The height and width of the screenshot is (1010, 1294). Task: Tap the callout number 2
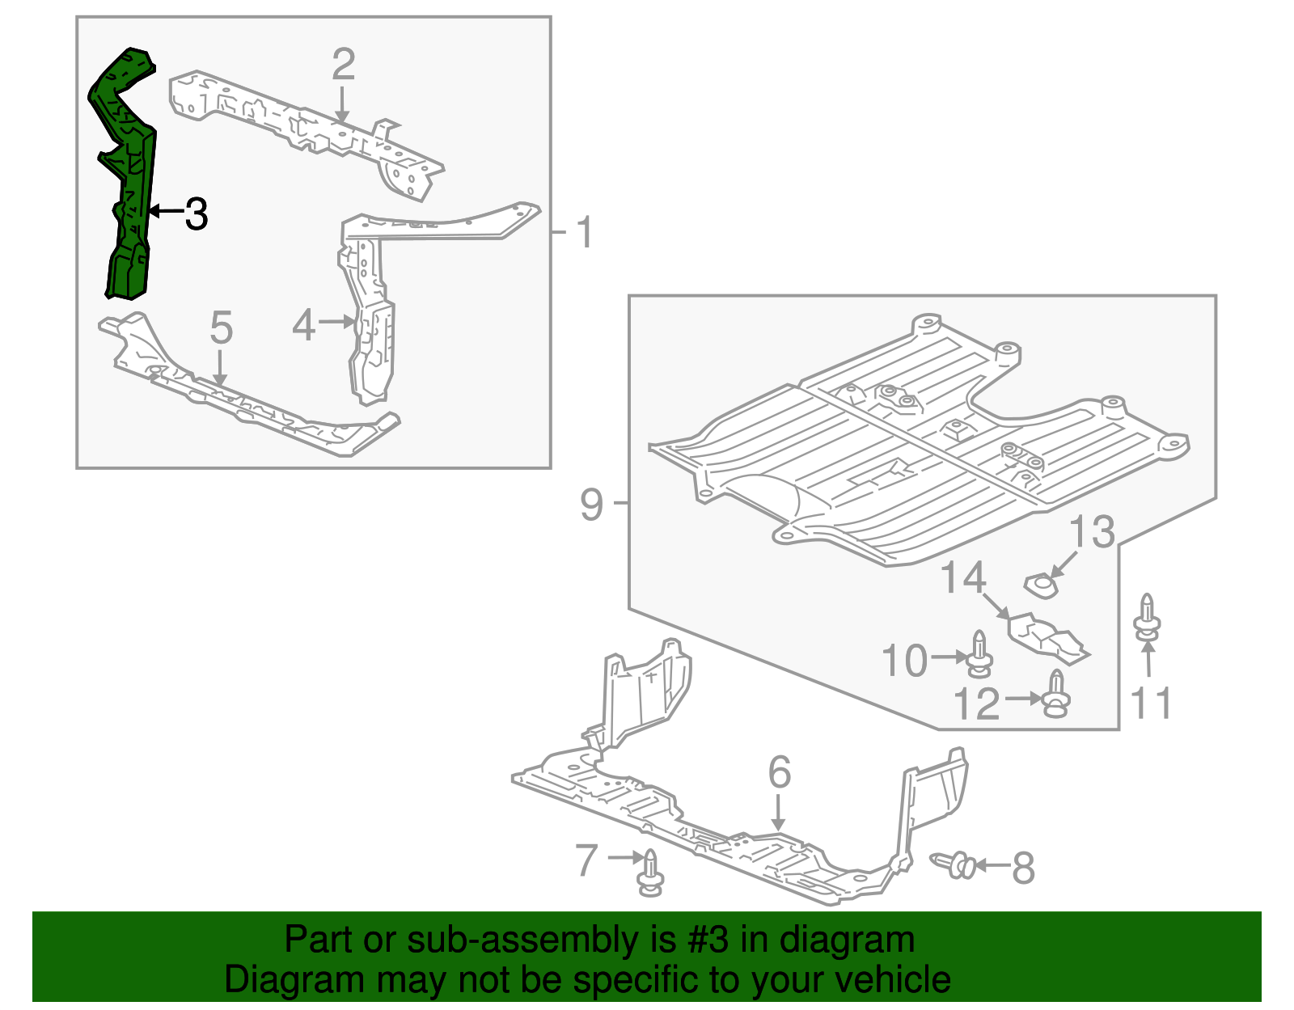[344, 65]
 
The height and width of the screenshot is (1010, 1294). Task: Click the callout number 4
[303, 326]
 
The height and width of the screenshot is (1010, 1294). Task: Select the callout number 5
[221, 328]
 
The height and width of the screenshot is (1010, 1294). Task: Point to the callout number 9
[592, 505]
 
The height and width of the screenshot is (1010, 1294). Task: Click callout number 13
[1092, 532]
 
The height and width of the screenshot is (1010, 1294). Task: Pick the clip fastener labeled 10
[979, 653]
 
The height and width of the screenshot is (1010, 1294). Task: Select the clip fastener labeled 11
[1147, 618]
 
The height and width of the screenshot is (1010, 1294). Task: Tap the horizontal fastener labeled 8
[954, 865]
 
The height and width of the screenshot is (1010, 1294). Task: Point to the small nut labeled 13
[1041, 585]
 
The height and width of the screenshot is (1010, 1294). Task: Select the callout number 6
[779, 772]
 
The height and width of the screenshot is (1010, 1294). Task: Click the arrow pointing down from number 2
[343, 105]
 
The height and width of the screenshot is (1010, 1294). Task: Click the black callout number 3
[197, 214]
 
